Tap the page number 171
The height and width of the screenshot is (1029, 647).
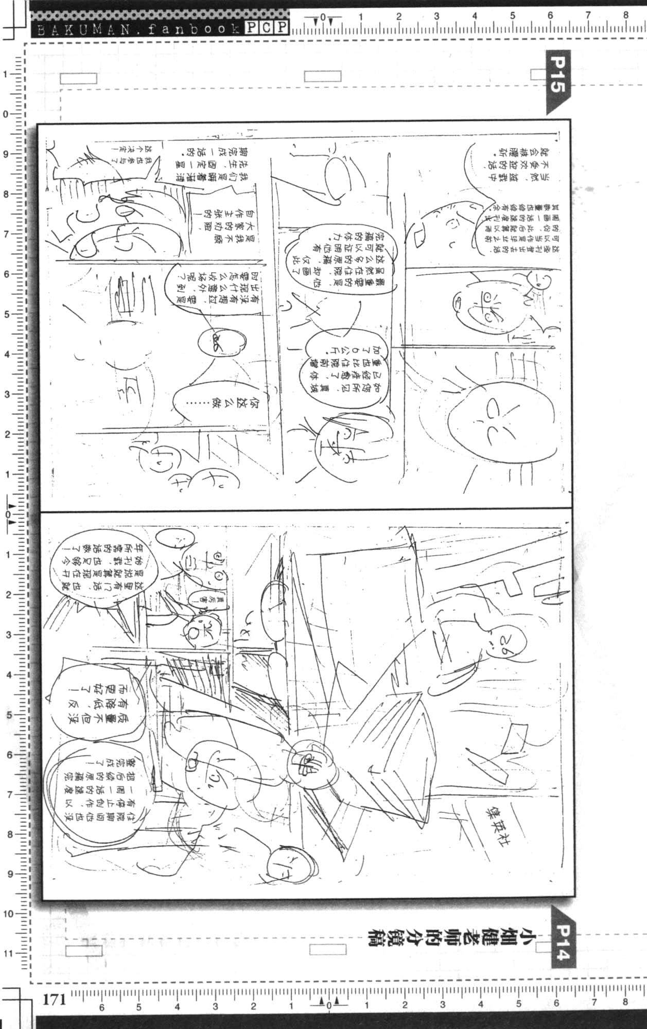54,999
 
